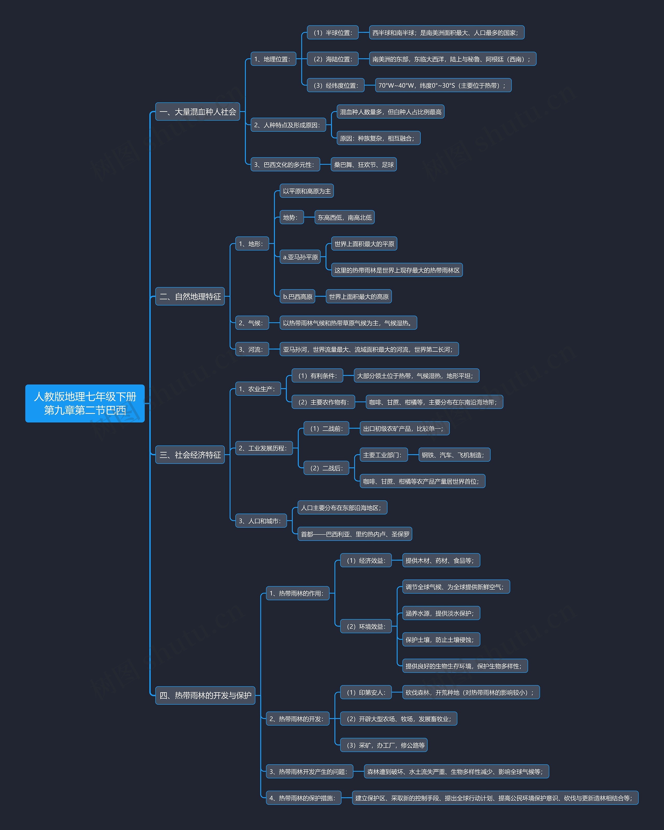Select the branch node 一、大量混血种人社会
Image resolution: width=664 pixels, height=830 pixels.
click(198, 112)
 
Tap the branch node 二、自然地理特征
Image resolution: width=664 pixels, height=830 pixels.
click(190, 296)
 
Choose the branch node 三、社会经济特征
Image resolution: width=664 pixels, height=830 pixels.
click(190, 455)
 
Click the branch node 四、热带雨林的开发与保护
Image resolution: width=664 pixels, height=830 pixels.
click(205, 695)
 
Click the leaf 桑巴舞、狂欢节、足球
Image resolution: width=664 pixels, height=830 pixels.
click(364, 164)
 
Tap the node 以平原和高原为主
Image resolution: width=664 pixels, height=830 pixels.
click(307, 191)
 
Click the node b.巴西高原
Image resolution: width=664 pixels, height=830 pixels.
click(297, 296)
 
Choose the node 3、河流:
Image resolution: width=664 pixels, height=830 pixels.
click(252, 349)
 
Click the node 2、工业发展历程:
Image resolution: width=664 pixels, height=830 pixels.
click(264, 448)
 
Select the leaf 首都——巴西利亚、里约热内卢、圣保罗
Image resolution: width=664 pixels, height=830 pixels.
click(355, 534)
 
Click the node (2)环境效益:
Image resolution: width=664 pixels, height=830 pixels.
click(365, 626)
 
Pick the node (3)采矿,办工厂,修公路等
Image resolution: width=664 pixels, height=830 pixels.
click(384, 745)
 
